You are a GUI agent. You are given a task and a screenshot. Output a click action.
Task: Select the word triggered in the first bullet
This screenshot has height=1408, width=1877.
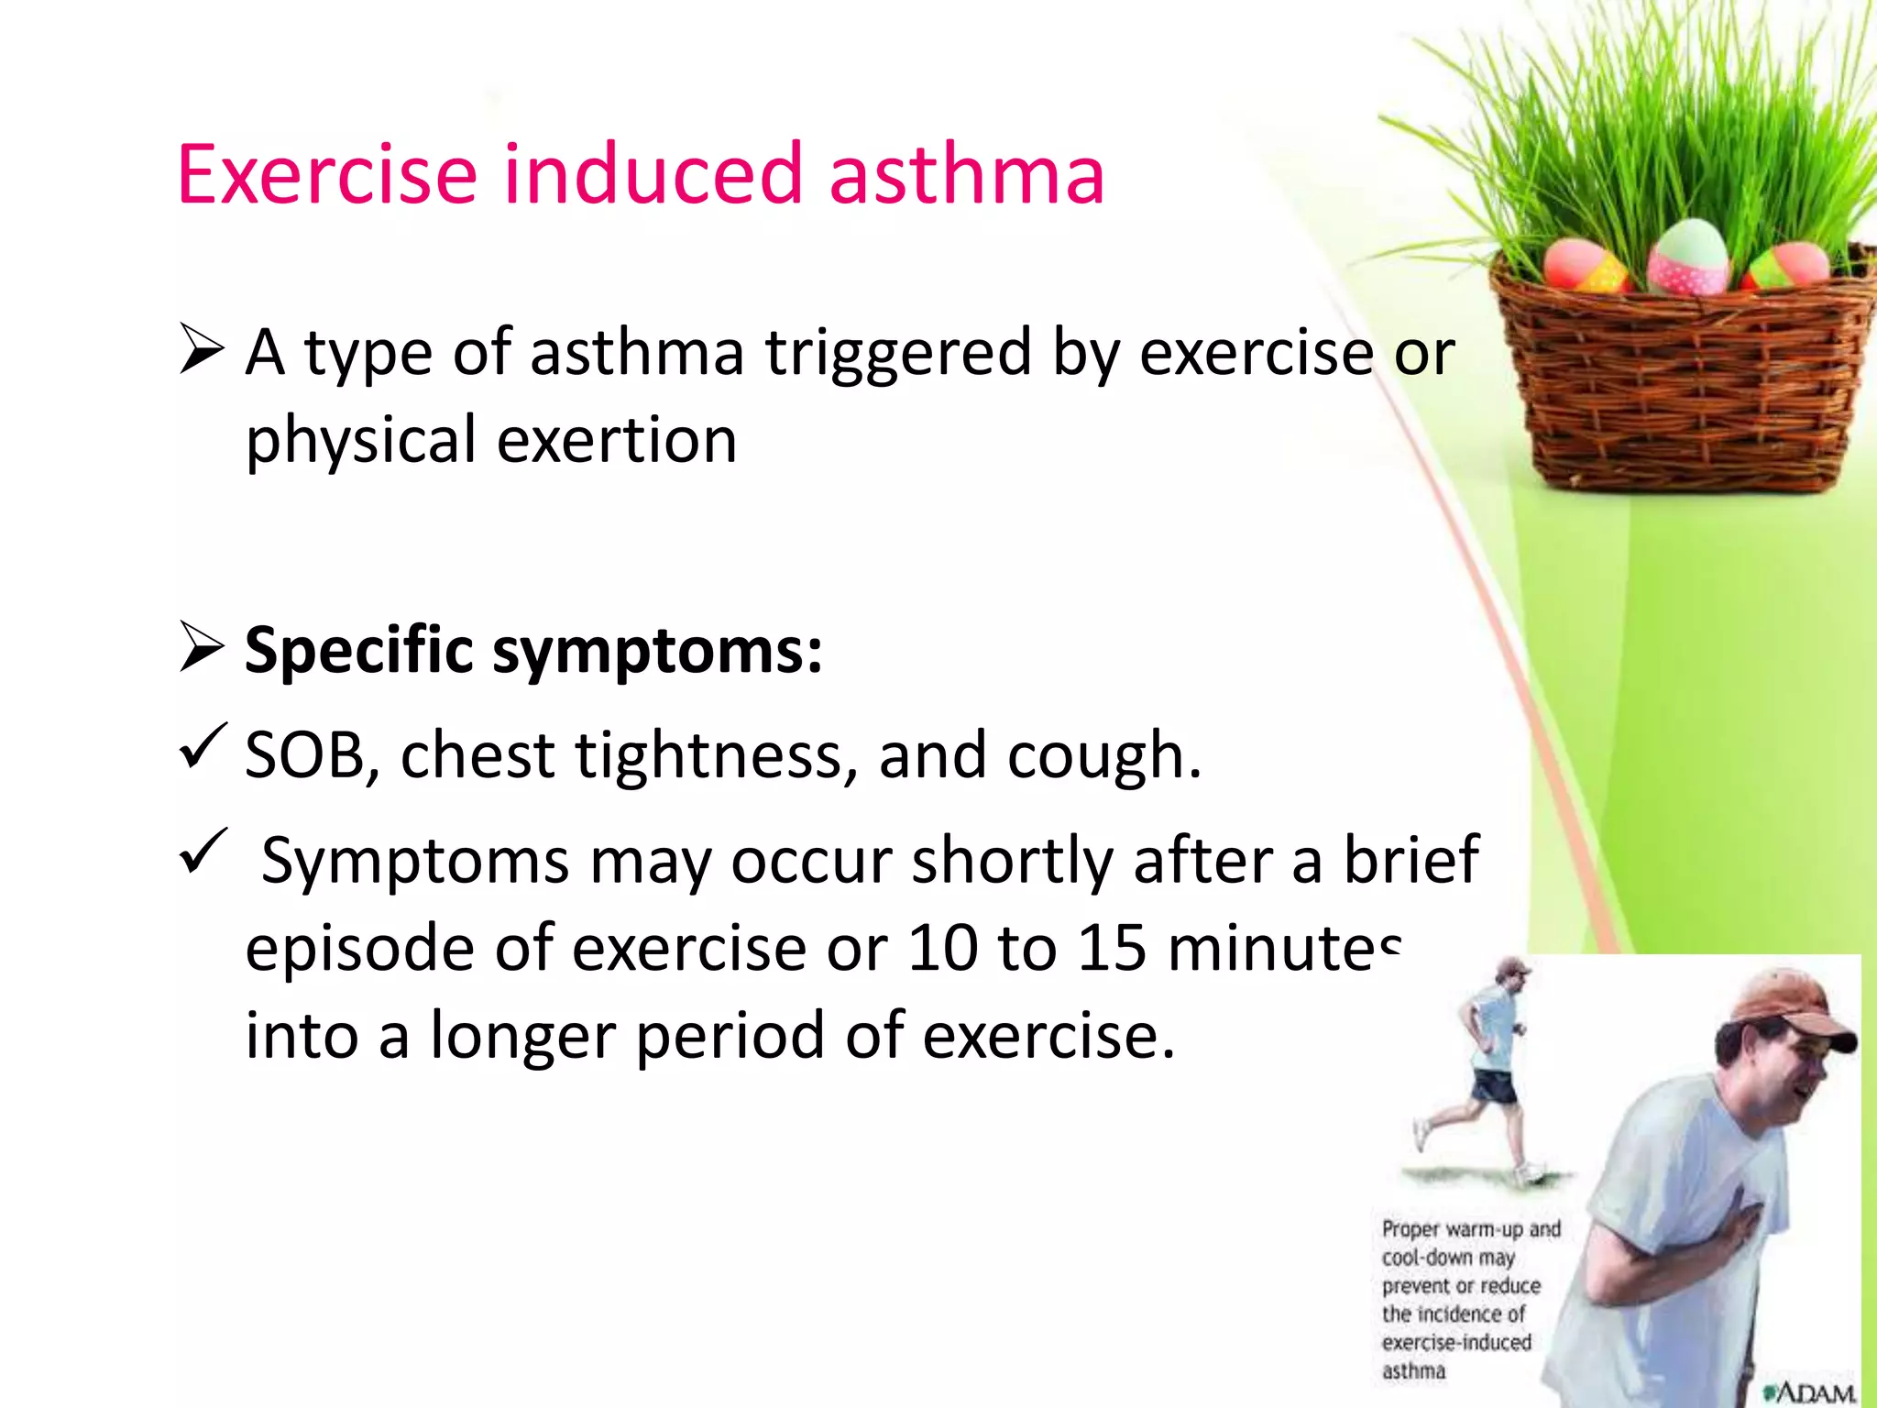click(x=898, y=352)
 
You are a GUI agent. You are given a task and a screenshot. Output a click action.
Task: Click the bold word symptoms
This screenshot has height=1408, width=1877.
click(x=656, y=651)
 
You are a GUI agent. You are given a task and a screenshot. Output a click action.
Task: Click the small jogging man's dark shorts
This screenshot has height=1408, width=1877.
click(x=1494, y=1085)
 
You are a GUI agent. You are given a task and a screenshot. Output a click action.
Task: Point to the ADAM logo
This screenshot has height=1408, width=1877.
click(x=1810, y=1392)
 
